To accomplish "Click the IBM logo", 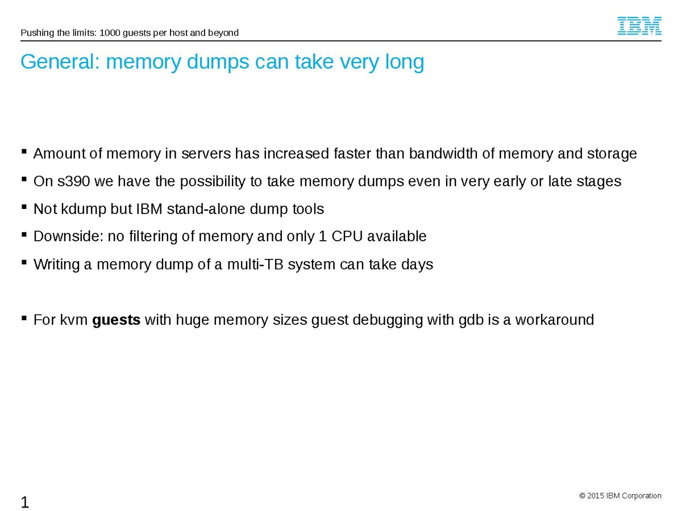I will pyautogui.click(x=639, y=26).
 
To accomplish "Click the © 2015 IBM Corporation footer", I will pyautogui.click(x=620, y=496).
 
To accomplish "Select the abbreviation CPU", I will pyautogui.click(x=346, y=237).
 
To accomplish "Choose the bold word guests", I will pyautogui.click(x=116, y=320).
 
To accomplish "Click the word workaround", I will pyautogui.click(x=555, y=320).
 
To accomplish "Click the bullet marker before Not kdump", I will pyautogui.click(x=24, y=207).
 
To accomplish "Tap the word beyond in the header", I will pyautogui.click(x=224, y=33).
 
